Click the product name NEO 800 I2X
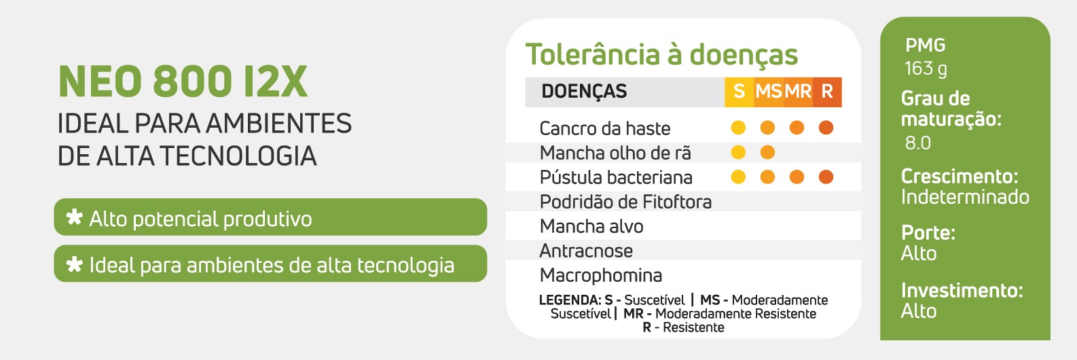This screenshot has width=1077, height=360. (x=183, y=82)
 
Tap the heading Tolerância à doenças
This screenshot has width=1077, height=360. (x=661, y=56)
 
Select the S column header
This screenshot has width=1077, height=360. (x=739, y=91)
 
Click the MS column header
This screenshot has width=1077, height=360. (x=768, y=91)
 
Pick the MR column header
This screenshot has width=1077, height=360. (x=798, y=91)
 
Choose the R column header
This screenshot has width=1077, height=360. (x=827, y=91)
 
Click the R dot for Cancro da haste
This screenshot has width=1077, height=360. (x=826, y=128)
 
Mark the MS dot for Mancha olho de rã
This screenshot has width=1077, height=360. (x=767, y=152)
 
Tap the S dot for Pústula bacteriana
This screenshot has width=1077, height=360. (x=738, y=177)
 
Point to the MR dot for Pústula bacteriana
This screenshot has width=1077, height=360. (x=797, y=177)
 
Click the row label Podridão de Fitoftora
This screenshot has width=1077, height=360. (x=625, y=202)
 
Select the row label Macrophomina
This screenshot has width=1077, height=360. (x=601, y=276)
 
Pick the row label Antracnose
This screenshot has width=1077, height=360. (x=586, y=251)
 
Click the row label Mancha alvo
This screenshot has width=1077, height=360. (x=591, y=226)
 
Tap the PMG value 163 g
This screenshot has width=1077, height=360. (x=926, y=69)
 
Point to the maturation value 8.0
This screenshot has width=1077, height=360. (x=918, y=143)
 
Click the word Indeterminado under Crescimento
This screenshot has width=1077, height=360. (x=965, y=197)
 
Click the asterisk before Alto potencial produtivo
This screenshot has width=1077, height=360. (x=75, y=217)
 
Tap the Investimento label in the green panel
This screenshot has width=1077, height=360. (x=962, y=291)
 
